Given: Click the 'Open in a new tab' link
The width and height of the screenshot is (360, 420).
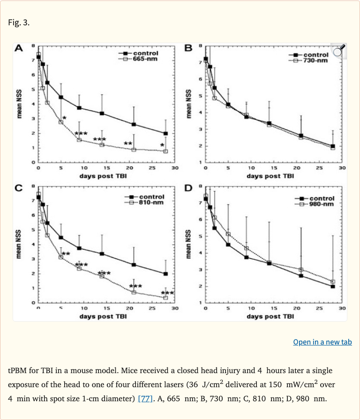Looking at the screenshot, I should [322, 342].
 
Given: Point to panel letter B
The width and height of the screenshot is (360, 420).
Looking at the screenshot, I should [189, 48].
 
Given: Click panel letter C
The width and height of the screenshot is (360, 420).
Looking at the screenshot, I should [19, 188].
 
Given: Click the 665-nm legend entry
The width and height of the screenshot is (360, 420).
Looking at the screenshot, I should [145, 59].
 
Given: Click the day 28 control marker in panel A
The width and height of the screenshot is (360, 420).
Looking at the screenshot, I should [165, 133].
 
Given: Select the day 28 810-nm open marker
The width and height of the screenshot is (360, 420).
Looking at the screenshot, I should [165, 298].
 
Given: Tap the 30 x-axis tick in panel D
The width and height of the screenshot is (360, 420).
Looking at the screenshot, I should [342, 308].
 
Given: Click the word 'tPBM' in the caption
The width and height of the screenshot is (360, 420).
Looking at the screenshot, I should [20, 370].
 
